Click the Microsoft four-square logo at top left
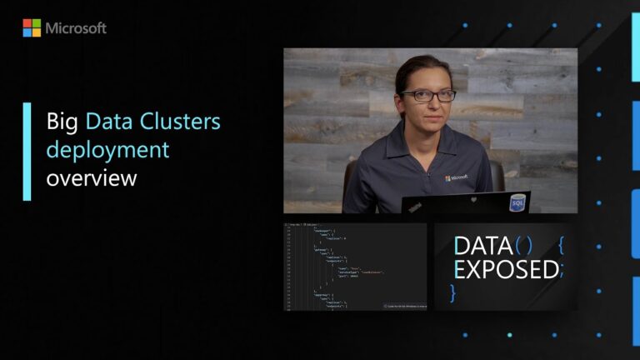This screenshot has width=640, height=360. [x=32, y=28]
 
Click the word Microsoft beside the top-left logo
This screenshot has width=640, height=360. [x=76, y=28]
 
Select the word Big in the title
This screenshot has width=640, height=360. [x=62, y=123]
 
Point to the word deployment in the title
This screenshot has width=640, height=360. [x=107, y=151]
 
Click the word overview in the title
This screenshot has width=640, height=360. [x=92, y=177]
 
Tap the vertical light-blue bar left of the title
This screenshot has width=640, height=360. [x=27, y=151]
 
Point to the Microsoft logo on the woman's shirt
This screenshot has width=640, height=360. [x=456, y=177]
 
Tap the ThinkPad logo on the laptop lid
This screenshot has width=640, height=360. [x=414, y=206]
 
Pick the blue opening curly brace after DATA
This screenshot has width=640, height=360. [x=561, y=246]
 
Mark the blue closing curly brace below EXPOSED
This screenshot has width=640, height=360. [x=453, y=292]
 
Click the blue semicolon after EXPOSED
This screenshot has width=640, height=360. [x=562, y=271]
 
